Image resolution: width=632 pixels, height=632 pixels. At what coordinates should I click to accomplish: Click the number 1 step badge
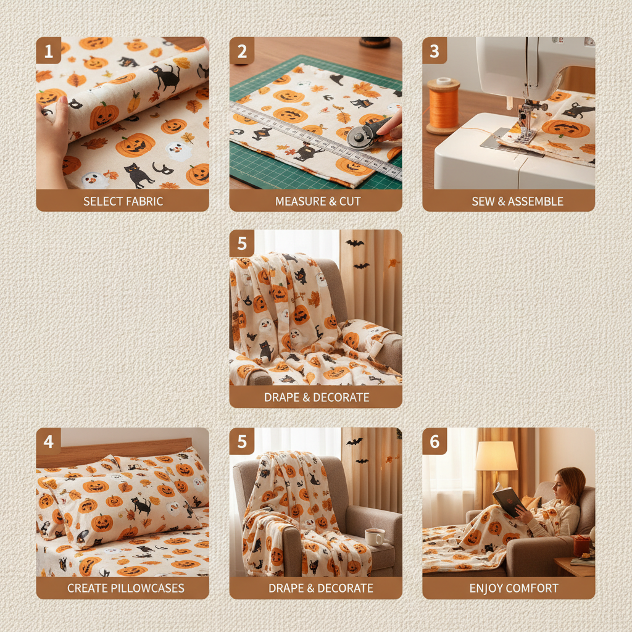[49, 51]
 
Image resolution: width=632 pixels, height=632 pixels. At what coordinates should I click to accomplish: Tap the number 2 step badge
[242, 51]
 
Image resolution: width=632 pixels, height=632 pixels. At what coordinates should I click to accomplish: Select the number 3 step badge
[435, 51]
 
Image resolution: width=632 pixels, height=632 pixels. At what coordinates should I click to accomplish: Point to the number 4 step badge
[49, 441]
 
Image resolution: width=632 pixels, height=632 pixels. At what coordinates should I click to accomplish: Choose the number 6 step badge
[435, 441]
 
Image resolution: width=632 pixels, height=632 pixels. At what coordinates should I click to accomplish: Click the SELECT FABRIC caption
[122, 201]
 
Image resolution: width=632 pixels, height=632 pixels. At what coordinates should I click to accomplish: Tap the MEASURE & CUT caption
[315, 201]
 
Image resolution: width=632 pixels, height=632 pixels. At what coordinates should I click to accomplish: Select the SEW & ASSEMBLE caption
[509, 201]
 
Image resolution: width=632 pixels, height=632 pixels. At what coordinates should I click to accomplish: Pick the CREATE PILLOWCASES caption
[122, 588]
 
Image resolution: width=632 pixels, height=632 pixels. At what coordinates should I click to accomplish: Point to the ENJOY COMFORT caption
[509, 588]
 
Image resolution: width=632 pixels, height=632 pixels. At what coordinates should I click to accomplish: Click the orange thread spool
[443, 105]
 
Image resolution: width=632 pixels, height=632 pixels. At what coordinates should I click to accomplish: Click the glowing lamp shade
[496, 456]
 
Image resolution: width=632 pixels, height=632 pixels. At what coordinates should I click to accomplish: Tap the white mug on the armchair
[375, 536]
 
